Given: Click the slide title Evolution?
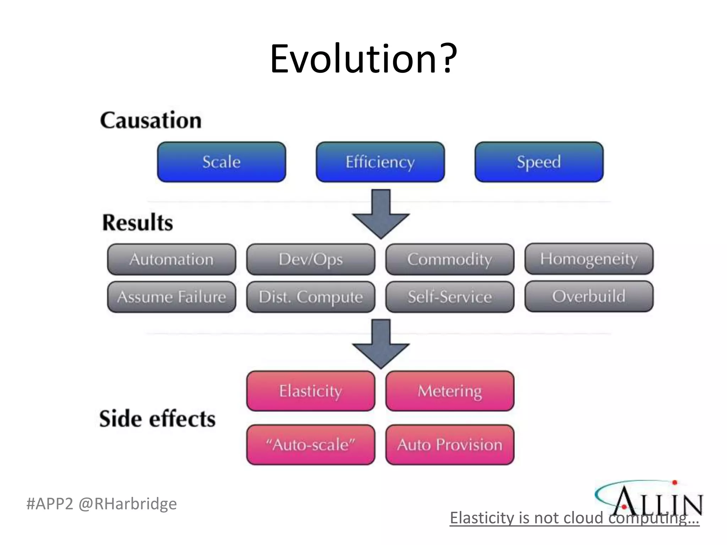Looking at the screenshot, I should point(363,59).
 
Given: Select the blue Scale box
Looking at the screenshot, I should point(222,162).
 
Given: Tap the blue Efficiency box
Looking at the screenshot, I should point(380,162).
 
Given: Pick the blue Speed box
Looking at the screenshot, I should point(539,162).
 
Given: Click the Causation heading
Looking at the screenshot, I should point(151,120).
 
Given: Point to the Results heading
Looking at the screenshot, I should point(138,222).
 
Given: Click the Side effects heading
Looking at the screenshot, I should point(157,419).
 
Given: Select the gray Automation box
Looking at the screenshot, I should point(171,259).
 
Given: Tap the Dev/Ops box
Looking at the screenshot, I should point(311,259).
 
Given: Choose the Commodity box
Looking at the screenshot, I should point(450,259).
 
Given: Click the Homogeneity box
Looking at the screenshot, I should point(589,259).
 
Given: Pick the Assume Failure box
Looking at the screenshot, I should point(171,297).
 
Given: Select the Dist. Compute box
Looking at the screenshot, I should point(311,297).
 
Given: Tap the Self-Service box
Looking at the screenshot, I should point(450,297).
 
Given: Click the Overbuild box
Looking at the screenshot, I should point(589,296).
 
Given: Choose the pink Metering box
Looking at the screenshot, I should point(450,391).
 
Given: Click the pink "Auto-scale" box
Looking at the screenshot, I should point(311,445).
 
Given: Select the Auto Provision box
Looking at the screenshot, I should point(450,445).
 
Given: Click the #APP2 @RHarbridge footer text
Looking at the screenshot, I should point(102,504).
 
